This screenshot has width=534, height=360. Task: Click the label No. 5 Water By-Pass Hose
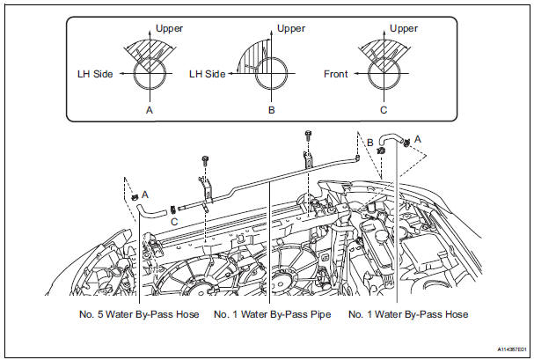(138, 313)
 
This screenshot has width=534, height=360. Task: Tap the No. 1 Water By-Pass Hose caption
(408, 313)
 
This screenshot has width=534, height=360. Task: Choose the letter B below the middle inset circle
(272, 111)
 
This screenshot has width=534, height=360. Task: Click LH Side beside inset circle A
(91, 75)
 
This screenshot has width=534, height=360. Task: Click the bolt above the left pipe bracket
(205, 160)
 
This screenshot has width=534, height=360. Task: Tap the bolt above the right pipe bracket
(309, 136)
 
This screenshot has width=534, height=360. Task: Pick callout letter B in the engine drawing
(370, 141)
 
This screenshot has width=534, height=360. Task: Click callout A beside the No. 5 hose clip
(144, 193)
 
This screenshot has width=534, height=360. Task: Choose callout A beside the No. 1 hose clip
(417, 137)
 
